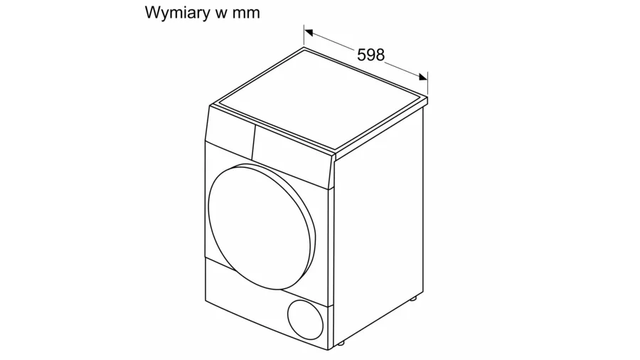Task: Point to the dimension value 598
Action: point(370,55)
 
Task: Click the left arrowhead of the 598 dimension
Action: point(309,31)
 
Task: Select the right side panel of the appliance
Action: point(380,228)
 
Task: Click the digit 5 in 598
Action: point(361,55)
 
